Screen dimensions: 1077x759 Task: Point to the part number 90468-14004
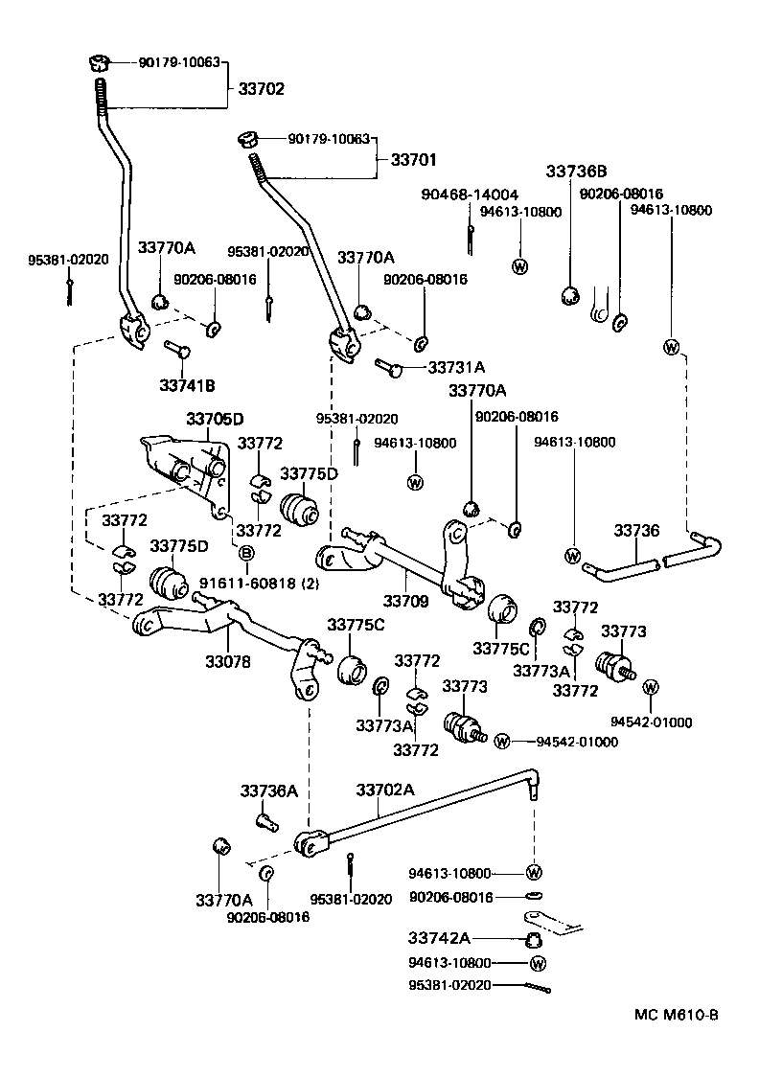click(470, 195)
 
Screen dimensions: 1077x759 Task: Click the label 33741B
click(187, 384)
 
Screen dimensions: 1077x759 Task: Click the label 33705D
click(215, 419)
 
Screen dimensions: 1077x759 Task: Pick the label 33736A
click(269, 791)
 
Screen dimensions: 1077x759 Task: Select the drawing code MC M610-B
click(675, 1015)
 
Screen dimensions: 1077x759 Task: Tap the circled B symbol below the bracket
click(245, 554)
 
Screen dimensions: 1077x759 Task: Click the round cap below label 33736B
click(569, 295)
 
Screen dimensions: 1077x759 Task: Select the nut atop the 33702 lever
click(96, 64)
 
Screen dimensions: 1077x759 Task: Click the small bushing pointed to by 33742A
click(535, 938)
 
